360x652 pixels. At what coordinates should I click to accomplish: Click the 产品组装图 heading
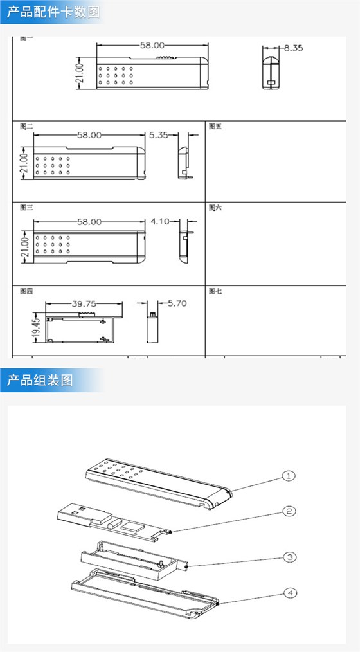(x=40, y=380)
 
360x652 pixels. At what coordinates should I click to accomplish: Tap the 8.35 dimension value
(x=293, y=48)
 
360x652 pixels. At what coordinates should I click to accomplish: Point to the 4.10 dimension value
(x=159, y=221)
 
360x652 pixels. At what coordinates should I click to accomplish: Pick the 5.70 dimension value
(x=177, y=303)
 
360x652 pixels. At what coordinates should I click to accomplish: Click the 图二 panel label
(x=26, y=126)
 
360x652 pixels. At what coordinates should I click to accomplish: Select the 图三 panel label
(x=26, y=208)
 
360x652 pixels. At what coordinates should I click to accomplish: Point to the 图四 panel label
(x=26, y=291)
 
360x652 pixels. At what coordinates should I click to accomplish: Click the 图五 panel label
(x=215, y=126)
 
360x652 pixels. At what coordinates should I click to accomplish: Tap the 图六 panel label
(x=215, y=208)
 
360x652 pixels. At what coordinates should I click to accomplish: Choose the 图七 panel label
(x=215, y=291)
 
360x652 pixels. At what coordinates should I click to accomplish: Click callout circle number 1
(x=289, y=476)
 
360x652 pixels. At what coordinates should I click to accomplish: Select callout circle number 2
(x=290, y=511)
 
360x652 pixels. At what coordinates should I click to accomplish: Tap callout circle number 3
(x=290, y=557)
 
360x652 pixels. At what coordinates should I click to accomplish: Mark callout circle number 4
(x=290, y=593)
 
